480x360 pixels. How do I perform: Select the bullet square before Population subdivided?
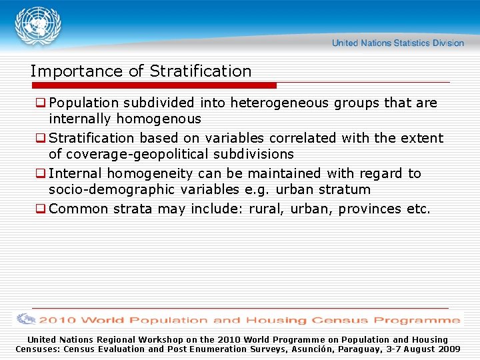coord(41,103)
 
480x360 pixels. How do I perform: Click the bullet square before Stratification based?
coord(41,138)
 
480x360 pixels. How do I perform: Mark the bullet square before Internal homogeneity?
coord(41,173)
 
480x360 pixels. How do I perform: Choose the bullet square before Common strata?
coord(41,209)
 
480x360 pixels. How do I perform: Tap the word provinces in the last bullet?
coord(370,209)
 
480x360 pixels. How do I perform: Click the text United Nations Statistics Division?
coord(398,43)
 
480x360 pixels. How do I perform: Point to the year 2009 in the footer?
coord(448,349)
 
